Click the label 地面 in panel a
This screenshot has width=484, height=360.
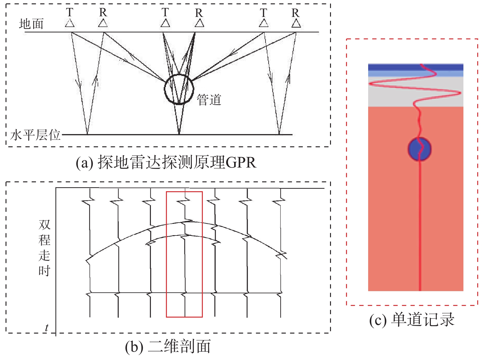click(x=31, y=24)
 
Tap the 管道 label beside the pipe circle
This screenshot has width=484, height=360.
click(x=209, y=100)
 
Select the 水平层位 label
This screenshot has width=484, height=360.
click(x=35, y=135)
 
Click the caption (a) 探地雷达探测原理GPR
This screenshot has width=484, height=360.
click(x=166, y=162)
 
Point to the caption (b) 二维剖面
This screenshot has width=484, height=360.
click(x=168, y=346)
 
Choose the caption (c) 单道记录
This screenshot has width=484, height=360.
click(x=412, y=320)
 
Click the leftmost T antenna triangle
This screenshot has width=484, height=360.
click(x=70, y=23)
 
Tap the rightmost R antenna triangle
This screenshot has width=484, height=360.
click(x=296, y=23)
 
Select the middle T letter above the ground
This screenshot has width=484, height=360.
click(x=165, y=12)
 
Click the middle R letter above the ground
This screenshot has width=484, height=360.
click(x=199, y=13)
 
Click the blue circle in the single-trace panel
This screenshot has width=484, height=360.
click(x=420, y=149)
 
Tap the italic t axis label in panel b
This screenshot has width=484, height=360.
click(x=47, y=327)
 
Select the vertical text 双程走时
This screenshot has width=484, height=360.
click(x=45, y=248)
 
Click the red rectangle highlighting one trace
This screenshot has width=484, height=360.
click(x=166, y=254)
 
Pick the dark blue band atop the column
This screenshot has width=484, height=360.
click(x=415, y=67)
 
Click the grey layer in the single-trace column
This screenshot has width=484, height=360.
click(x=415, y=92)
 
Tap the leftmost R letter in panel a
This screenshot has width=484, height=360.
click(x=103, y=12)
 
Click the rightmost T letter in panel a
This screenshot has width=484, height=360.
click(x=263, y=13)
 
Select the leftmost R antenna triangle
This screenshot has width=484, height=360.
click(x=103, y=23)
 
